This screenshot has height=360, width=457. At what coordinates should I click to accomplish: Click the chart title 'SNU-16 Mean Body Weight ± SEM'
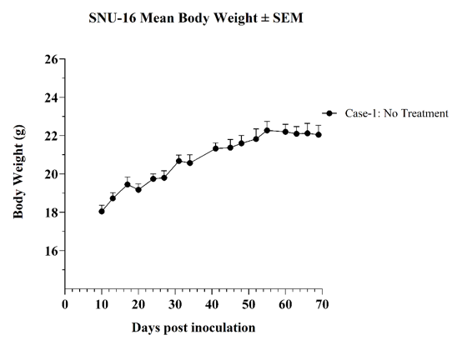click(x=196, y=18)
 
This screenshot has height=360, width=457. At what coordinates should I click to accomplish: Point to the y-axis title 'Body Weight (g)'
click(x=18, y=172)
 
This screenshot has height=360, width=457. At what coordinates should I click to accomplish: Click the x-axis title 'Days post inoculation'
click(x=193, y=327)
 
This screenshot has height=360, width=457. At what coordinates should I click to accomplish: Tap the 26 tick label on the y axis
click(x=52, y=59)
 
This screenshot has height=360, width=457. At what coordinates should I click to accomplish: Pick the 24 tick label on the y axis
click(x=52, y=97)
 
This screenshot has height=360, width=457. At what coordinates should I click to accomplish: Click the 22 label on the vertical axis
click(x=52, y=136)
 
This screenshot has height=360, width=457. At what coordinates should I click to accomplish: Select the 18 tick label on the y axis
click(x=52, y=212)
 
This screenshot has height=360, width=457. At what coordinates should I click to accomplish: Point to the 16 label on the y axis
click(x=52, y=251)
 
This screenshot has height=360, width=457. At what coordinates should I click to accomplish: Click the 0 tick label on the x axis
click(x=65, y=304)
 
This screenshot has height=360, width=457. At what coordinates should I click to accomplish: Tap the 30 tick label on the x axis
click(x=175, y=304)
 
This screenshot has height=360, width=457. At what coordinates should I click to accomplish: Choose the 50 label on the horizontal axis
click(x=249, y=304)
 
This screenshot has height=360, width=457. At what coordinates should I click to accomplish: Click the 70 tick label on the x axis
click(x=322, y=304)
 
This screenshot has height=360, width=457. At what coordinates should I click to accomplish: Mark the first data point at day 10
click(x=102, y=212)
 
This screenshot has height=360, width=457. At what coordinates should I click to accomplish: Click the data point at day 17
click(x=128, y=184)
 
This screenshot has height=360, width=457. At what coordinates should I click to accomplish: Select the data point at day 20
click(x=138, y=190)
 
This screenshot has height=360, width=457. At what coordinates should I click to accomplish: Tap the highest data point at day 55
click(x=267, y=130)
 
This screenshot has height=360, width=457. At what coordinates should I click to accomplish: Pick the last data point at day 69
click(x=319, y=134)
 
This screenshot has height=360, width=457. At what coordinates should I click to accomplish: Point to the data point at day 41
click(x=216, y=148)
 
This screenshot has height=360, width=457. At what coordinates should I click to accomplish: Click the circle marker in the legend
click(x=329, y=113)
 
